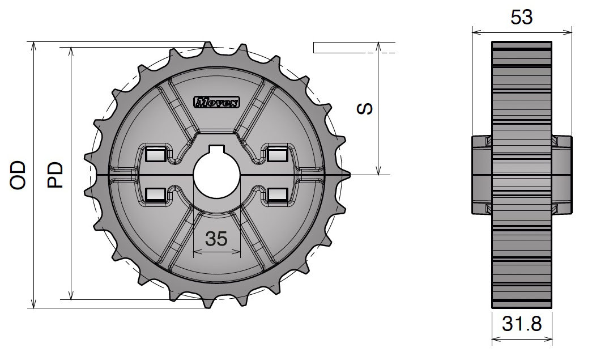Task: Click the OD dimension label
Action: point(19,175)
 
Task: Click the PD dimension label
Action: point(55,175)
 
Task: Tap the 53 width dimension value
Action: point(521,18)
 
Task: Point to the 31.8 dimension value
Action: point(521,324)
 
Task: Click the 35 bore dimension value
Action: point(216,239)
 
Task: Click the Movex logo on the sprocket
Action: point(217,102)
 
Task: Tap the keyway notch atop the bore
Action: point(217,149)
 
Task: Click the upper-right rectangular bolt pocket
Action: point(277,154)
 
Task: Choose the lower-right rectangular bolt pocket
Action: point(277,194)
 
